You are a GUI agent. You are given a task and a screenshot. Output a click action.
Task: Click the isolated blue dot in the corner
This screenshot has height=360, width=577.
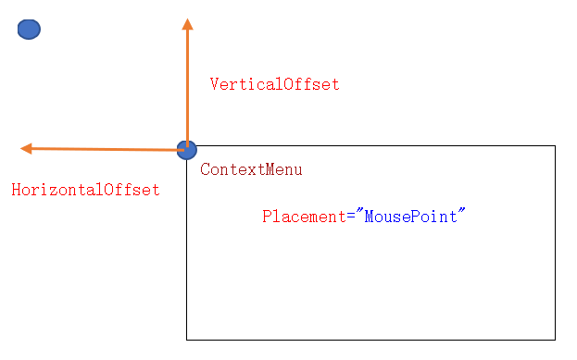tap(29, 30)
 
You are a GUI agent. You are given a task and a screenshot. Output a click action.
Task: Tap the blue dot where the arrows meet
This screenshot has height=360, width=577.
tap(186, 149)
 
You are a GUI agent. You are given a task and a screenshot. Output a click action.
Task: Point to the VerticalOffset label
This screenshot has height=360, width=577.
tap(274, 84)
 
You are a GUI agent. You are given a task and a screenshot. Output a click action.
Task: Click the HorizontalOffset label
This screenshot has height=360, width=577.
tap(85, 190)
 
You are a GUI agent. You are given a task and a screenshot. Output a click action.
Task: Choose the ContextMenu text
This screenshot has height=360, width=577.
tap(251, 170)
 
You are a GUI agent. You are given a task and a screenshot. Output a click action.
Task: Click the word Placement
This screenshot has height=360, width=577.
tap(303, 217)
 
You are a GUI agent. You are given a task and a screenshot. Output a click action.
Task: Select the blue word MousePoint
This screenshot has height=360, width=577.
tap(410, 217)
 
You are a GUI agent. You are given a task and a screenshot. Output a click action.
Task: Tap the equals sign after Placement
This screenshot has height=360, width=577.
tap(349, 217)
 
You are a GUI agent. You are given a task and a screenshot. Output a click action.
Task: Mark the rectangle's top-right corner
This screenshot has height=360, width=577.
tap(555, 145)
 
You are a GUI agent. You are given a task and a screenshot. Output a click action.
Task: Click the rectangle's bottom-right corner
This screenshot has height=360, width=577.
tap(555, 340)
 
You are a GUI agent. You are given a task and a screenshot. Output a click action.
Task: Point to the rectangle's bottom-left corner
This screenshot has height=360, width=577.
tap(187, 340)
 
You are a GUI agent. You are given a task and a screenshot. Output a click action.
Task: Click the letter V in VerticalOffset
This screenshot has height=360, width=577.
tap(215, 84)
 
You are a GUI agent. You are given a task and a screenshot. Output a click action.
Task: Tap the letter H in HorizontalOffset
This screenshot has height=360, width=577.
tap(16, 190)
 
